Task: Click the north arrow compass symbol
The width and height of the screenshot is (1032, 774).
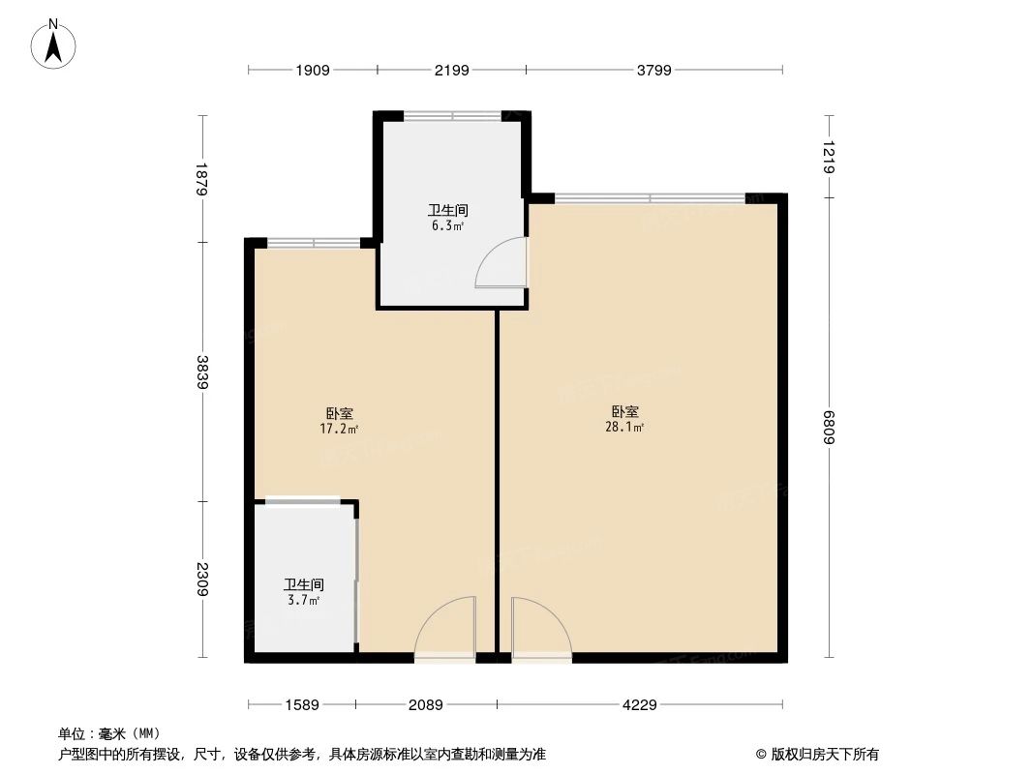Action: [x=55, y=44]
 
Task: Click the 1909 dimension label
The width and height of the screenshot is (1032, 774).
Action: [x=313, y=70]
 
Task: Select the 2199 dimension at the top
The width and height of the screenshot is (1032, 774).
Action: [x=451, y=70]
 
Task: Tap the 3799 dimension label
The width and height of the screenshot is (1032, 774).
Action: [x=653, y=70]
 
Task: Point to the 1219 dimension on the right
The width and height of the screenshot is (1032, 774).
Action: [x=830, y=157]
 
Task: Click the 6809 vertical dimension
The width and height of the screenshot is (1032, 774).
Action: [x=830, y=429]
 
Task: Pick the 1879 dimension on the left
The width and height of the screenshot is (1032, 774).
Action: [x=202, y=179]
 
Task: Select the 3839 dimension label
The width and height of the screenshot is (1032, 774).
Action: [x=202, y=372]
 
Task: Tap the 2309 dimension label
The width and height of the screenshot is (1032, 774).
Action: [x=202, y=580]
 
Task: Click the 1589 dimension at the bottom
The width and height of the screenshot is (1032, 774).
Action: [x=301, y=705]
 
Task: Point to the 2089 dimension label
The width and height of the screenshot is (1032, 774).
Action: [x=425, y=705]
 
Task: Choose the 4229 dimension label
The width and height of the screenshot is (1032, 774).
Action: [x=639, y=705]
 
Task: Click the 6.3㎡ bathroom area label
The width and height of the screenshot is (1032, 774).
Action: [x=448, y=226]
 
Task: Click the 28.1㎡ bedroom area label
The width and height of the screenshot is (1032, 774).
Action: [x=624, y=426]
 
